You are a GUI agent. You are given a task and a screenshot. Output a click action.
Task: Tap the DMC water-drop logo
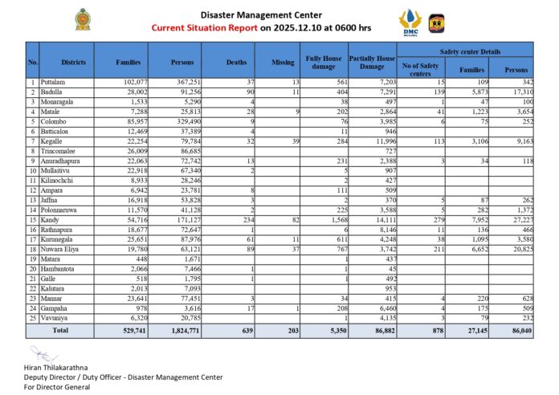coord(410,21)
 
